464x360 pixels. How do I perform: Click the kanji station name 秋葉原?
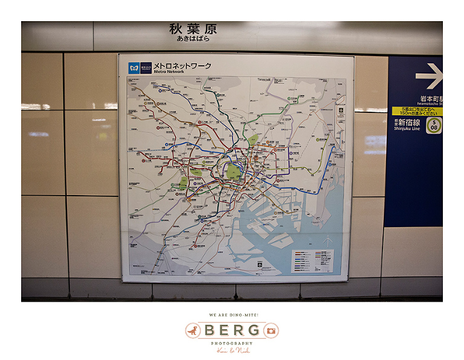pos(193,29)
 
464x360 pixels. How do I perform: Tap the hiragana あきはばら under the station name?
pos(193,39)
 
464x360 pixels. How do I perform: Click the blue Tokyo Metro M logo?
pos(134,68)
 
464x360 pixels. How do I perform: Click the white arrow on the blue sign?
pos(429,76)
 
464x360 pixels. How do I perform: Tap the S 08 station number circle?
pos(434,125)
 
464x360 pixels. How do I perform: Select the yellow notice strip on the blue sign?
pos(417,111)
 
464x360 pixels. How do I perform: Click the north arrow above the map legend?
pos(327,242)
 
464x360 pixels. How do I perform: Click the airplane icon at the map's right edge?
pos(340,111)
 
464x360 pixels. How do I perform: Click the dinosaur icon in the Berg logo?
pos(193,330)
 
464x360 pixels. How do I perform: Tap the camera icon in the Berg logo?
pos(271,330)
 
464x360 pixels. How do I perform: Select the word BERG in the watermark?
pos(232,330)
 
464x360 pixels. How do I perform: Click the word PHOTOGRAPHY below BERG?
pos(232,342)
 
